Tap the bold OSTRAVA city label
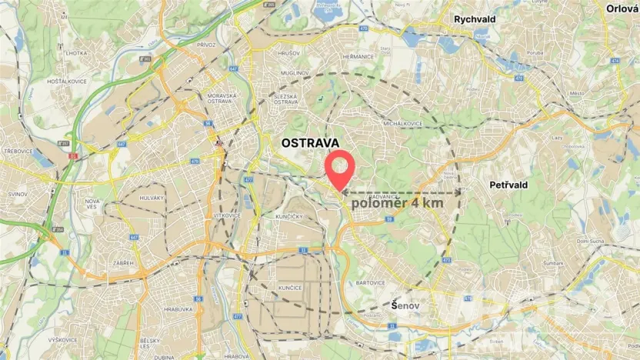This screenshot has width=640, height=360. pos(309,143)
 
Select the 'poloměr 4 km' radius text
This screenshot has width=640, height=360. pos(397,204)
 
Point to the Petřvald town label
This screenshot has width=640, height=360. pos(508,185)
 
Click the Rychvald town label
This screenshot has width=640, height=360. pos(475,18)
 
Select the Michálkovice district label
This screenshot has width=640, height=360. pos(405,123)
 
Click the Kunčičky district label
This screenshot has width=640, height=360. pos(292,218)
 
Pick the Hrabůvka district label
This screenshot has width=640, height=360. pos(178,310)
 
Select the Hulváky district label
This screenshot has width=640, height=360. pos(152,198)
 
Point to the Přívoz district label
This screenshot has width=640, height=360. pos(206,45)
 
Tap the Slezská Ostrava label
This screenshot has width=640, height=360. pos(285,98)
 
